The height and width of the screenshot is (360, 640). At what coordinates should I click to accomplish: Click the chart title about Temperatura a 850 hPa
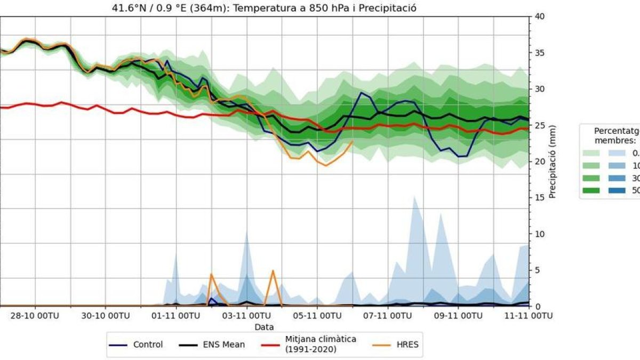coord(263,7)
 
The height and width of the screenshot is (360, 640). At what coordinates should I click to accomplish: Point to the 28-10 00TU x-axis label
coord(36,316)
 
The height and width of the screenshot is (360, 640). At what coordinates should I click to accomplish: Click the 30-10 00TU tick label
coord(106,316)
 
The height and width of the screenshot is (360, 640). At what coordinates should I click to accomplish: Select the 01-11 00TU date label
coord(177,316)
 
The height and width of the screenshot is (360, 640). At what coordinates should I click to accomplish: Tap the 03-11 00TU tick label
coord(247,316)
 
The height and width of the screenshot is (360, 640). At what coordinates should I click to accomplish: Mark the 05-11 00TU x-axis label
coord(317,316)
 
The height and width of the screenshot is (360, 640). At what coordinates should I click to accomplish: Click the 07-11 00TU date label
coord(388,316)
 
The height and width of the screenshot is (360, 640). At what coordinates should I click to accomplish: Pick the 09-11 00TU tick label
coord(459,316)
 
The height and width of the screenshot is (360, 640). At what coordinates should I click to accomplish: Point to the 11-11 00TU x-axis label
coord(528,316)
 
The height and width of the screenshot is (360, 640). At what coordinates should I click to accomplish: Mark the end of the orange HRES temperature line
coord(353,141)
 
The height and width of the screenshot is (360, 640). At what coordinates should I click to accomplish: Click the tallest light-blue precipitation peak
coord(414,196)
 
